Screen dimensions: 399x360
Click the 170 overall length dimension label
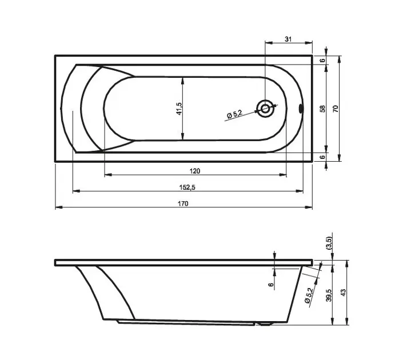click(x=183, y=203)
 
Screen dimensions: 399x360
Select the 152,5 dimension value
click(x=187, y=187)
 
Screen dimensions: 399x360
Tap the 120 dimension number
click(x=195, y=171)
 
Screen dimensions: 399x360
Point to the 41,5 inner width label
click(x=179, y=109)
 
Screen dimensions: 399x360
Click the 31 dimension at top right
click(x=288, y=39)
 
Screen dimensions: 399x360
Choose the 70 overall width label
click(x=336, y=109)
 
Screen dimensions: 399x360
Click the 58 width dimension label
click(x=322, y=109)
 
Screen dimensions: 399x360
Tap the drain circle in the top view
click(x=265, y=109)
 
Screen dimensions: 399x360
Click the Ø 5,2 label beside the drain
click(x=234, y=114)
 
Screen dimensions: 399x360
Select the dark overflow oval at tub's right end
click(x=301, y=109)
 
